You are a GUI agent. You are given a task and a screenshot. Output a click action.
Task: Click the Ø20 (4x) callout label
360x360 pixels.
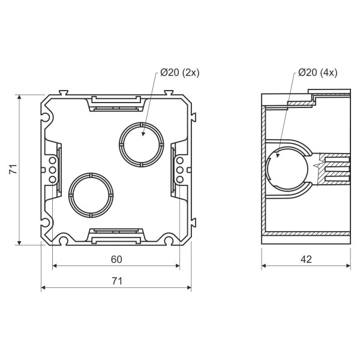[318, 73]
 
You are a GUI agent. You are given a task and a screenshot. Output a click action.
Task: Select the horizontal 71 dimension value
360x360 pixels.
[116, 280]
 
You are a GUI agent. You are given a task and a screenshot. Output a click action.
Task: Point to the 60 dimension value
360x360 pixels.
[116, 259]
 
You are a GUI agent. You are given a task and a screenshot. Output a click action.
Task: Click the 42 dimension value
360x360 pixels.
[306, 259]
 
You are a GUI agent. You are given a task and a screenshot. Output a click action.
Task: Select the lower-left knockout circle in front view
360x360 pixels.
[91, 195]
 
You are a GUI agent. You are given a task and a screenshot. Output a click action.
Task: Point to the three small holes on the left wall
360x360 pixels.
[52, 170]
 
